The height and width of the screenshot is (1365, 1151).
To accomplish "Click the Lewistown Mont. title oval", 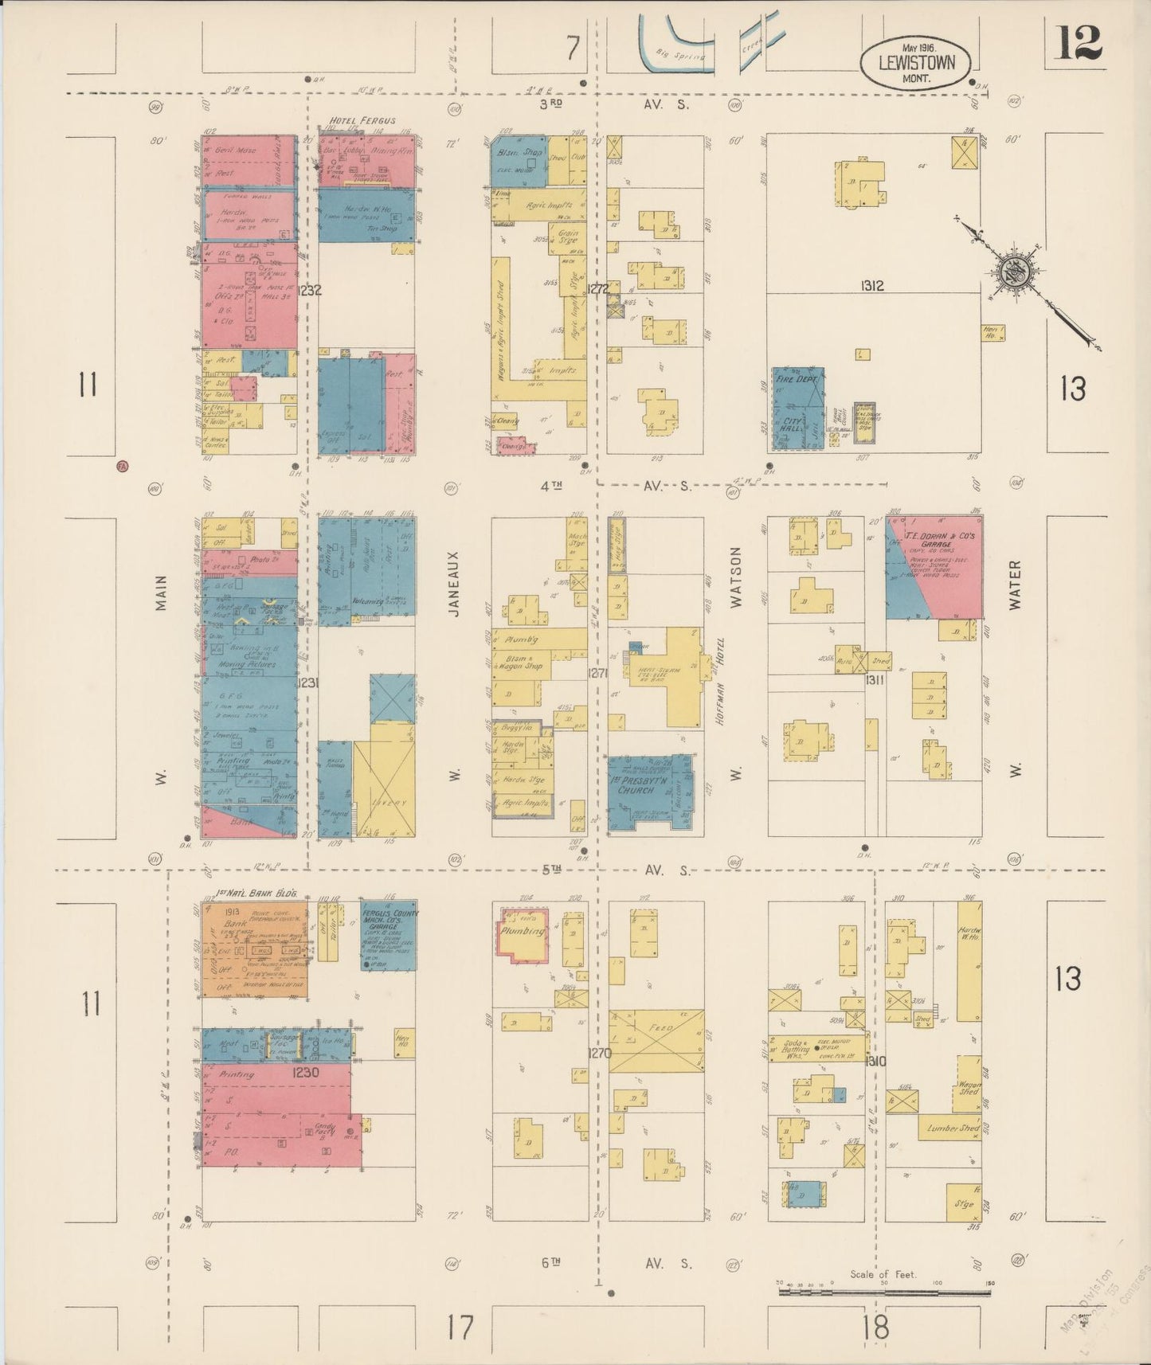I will [x=916, y=61].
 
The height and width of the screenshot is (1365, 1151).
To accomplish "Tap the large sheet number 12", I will [x=1080, y=43].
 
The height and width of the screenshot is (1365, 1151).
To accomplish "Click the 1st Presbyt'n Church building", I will [x=649, y=790].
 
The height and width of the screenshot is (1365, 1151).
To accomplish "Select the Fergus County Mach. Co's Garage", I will [x=388, y=934].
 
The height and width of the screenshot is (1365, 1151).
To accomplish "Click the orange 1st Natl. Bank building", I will [x=254, y=950].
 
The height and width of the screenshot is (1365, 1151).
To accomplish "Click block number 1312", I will [x=872, y=285].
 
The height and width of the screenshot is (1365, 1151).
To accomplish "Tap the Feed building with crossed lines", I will [x=656, y=1041].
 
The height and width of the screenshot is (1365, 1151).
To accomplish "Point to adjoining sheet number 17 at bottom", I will [x=460, y=1328].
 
